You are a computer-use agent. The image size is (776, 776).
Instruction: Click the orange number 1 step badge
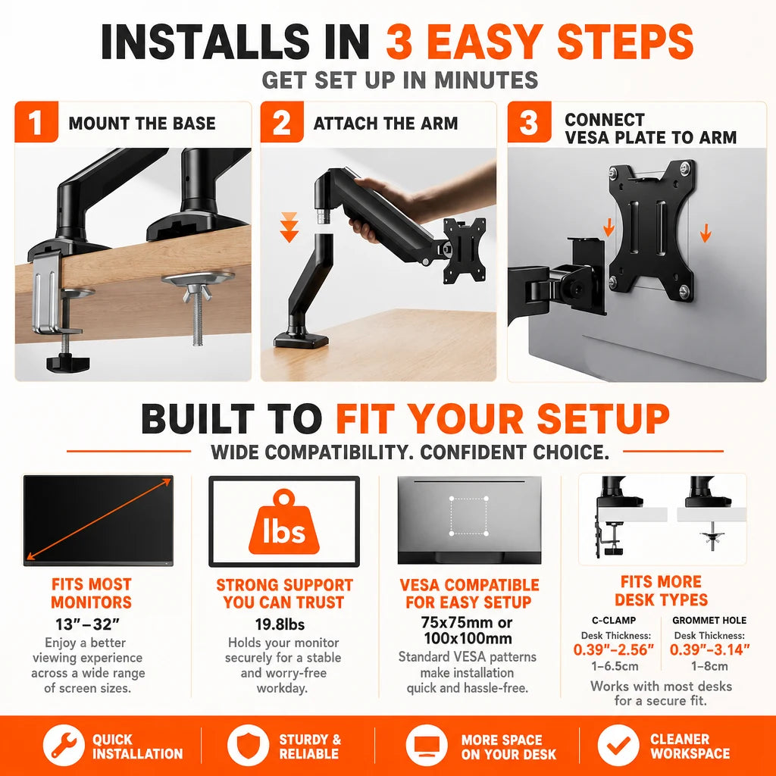tap(36, 122)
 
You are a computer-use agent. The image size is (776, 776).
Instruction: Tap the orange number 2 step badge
tap(282, 122)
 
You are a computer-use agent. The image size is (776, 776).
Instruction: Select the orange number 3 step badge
tap(529, 122)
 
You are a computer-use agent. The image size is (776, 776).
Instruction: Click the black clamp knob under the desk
tap(68, 363)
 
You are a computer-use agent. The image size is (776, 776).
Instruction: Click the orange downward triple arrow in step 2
tap(289, 227)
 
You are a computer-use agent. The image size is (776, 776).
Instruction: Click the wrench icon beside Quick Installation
tap(64, 745)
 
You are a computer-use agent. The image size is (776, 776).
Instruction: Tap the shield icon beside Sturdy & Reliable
tap(248, 745)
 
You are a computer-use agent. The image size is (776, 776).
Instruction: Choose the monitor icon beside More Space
tap(426, 745)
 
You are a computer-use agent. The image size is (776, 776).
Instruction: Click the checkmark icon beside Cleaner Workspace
tap(618, 745)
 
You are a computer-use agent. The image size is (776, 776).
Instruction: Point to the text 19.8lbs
tap(280, 624)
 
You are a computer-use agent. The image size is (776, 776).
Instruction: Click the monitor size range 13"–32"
tap(88, 624)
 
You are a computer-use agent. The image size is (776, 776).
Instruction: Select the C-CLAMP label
tap(614, 620)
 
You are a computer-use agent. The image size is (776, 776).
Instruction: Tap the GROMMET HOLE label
tap(709, 620)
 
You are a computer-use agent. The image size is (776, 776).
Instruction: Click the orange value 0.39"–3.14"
tap(709, 649)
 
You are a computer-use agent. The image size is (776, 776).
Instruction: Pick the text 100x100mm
tap(468, 638)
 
